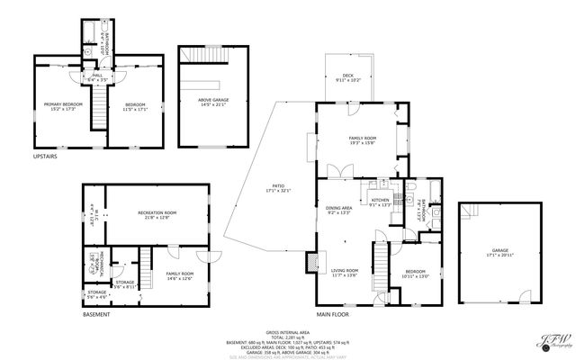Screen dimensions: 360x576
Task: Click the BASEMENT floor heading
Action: (96, 314)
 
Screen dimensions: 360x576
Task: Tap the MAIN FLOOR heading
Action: (334, 314)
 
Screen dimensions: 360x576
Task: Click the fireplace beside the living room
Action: (312, 261)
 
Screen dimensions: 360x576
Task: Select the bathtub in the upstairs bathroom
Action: (91, 36)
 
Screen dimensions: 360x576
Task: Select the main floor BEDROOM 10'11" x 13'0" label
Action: (416, 274)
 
